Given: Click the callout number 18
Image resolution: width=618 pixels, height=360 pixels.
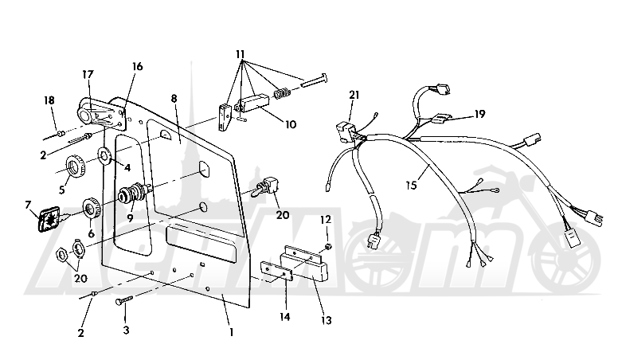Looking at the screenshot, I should pyautogui.click(x=49, y=100).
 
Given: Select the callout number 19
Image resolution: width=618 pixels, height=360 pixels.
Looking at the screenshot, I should pyautogui.click(x=479, y=114).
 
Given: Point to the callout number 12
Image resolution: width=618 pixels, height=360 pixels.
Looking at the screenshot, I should pyautogui.click(x=325, y=219).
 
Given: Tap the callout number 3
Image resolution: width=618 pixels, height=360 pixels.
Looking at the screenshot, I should pyautogui.click(x=126, y=327).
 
